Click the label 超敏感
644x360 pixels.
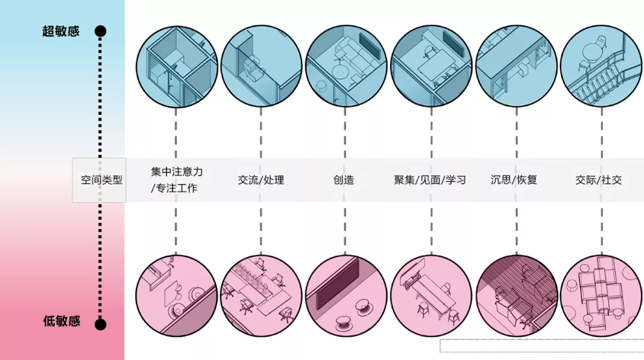click(x=61, y=31)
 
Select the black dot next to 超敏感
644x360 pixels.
click(x=101, y=31)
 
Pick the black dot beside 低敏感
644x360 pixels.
click(x=101, y=324)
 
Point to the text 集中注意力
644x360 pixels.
click(x=177, y=172)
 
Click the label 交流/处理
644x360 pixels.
click(x=261, y=179)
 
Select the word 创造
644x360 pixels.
click(x=344, y=179)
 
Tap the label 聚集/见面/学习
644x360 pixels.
click(x=430, y=179)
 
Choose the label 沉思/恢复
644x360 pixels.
click(x=514, y=179)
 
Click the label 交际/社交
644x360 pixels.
click(x=599, y=179)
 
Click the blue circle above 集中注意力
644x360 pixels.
click(x=176, y=66)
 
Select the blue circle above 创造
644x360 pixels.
click(x=346, y=66)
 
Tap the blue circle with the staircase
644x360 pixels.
click(x=600, y=66)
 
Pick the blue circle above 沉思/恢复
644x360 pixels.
click(x=516, y=66)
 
